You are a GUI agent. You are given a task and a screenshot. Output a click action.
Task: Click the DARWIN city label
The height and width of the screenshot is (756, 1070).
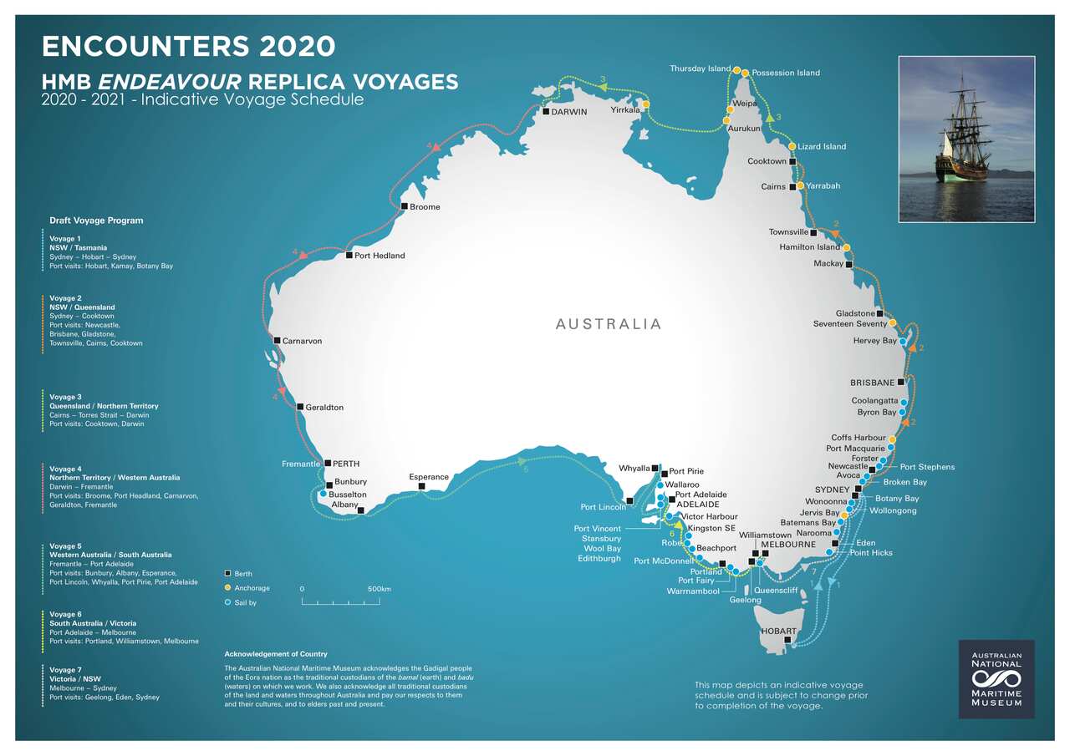pos(568,112)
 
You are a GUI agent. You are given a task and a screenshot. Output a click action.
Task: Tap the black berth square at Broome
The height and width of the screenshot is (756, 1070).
pos(405,206)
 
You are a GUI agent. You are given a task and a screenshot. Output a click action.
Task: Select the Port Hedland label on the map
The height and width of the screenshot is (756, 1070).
pos(379,256)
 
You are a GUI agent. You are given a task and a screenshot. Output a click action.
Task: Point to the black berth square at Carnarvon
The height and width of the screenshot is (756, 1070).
pos(278,340)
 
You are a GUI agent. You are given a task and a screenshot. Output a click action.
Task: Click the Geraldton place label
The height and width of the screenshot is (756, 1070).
pos(324,408)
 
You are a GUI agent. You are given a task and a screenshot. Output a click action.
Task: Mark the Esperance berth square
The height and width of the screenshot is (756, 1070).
pos(421,486)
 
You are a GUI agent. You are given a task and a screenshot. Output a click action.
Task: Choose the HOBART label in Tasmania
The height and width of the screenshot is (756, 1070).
pos(777,632)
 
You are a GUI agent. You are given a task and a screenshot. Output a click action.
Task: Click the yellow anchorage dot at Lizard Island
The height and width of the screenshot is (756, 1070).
pos(792,146)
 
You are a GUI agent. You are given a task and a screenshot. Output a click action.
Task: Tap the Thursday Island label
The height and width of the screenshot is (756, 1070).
pos(700,68)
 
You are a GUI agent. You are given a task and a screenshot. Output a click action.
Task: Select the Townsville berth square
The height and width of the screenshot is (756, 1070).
pos(813,232)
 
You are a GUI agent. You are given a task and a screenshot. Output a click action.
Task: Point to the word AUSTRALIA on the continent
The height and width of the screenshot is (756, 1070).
pos(608,324)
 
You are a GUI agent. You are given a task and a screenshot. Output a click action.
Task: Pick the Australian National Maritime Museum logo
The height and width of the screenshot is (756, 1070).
pos(996,679)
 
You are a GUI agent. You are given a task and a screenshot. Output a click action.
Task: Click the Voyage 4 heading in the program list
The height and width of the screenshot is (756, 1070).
pos(65,469)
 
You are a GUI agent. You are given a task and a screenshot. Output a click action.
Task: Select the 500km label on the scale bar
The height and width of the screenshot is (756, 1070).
pos(380,589)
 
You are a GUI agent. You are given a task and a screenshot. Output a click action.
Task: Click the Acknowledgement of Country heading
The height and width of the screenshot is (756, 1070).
pos(276,654)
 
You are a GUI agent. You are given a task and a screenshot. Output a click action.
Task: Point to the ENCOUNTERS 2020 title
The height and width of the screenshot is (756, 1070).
pos(188,46)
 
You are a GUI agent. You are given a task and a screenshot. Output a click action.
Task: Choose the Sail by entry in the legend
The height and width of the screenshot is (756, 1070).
pos(247,601)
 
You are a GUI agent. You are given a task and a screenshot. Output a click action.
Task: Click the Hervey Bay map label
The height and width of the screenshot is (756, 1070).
pos(874,341)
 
